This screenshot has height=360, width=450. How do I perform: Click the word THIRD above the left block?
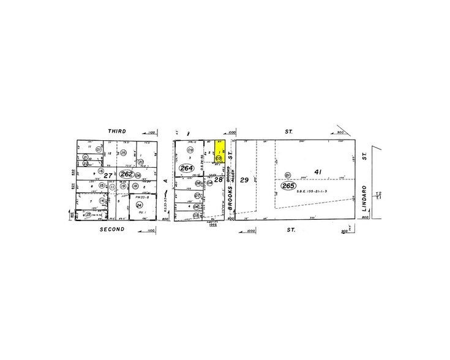coord(117,131)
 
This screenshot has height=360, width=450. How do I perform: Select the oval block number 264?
coord(186,168)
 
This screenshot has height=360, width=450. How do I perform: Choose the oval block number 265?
coord(287,186)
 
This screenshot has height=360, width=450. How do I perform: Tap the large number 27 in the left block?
coord(108,176)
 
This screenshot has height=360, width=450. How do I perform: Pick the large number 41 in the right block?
coord(318,173)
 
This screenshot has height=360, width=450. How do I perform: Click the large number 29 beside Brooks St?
coord(244,180)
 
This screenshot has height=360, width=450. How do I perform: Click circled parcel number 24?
coord(140,205)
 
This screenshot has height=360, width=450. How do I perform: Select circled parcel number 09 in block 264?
coord(190,150)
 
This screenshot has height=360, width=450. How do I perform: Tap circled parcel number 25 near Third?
coord(123,152)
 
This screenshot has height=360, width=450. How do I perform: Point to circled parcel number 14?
coord(102,201)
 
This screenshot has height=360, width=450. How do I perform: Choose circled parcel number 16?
coord(101,173)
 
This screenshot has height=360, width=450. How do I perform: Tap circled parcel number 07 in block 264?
coord(197,196)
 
